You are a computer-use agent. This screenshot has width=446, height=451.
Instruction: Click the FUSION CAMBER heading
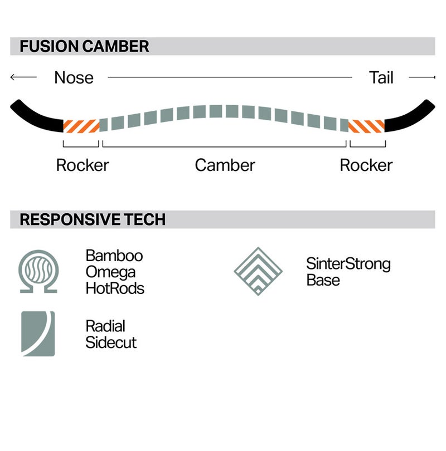(x=84, y=46)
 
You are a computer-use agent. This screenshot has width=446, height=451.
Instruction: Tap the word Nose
(x=74, y=77)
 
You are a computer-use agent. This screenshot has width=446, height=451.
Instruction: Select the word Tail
(x=381, y=77)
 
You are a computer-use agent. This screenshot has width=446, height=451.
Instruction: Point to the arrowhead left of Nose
(x=13, y=77)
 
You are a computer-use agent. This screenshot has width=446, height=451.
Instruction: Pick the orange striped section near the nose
(x=81, y=126)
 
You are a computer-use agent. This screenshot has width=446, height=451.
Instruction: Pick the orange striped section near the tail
(x=366, y=126)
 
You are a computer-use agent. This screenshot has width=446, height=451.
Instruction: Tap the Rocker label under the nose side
(x=83, y=165)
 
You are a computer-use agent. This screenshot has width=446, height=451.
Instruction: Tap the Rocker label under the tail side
(x=366, y=165)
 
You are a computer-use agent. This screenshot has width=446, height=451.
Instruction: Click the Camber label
(x=225, y=165)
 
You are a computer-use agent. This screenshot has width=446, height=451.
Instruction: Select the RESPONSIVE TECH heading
(x=93, y=219)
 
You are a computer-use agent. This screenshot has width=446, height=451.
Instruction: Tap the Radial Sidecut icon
(x=38, y=334)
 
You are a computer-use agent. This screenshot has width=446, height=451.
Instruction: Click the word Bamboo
(x=114, y=256)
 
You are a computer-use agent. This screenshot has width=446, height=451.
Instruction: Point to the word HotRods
(x=115, y=288)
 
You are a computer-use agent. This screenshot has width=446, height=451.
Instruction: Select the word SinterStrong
(x=348, y=264)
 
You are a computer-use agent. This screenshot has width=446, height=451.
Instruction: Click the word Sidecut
(x=111, y=342)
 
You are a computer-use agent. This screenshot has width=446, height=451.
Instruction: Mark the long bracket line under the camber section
(x=224, y=146)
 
